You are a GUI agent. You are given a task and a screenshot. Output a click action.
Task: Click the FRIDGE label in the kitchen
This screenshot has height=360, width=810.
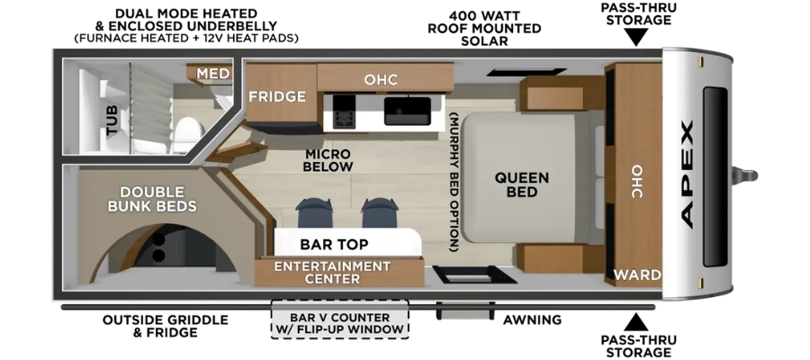(277, 96)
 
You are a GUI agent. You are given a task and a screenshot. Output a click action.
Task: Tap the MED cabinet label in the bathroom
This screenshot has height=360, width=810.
(212, 74)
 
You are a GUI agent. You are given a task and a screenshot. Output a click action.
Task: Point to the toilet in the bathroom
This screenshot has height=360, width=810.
(188, 130)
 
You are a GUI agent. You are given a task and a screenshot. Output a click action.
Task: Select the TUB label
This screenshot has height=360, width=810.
(112, 121)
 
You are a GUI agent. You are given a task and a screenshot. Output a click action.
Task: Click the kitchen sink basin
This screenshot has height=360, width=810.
(408, 111)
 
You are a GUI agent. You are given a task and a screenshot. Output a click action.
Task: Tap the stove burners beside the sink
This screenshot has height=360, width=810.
(343, 111)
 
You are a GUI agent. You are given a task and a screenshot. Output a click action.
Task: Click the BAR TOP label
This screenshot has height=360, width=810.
(334, 244)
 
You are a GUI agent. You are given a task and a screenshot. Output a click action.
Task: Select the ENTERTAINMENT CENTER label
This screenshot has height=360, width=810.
(332, 273)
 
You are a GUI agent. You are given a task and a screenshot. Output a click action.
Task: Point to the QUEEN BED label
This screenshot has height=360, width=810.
(522, 184)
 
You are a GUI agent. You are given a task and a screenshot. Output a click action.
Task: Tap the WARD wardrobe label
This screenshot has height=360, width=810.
(637, 274)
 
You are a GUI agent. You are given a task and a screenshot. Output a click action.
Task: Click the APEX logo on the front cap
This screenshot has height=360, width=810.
(687, 174)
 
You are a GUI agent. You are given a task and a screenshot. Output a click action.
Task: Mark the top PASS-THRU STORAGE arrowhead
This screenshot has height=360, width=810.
(636, 37)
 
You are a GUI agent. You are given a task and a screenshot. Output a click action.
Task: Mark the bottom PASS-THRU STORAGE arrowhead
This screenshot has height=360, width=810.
(636, 322)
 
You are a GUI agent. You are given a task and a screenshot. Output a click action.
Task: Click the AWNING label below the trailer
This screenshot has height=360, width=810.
(532, 320)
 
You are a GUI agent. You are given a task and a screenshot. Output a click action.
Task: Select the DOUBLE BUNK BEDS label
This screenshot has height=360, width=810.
(152, 200)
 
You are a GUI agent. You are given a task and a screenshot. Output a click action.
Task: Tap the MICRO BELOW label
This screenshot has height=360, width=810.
(328, 160)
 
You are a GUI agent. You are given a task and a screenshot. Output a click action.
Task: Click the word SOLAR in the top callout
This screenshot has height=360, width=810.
(484, 40)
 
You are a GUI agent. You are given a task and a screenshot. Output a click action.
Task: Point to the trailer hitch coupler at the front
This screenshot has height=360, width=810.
(746, 175)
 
